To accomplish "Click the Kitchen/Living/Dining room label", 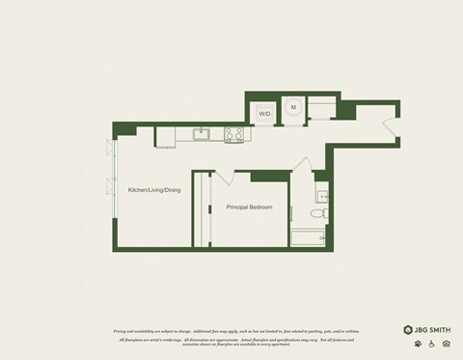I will pos(154,190).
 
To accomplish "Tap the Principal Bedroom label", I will pos(249,208).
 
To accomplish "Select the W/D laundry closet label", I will pos(264,114).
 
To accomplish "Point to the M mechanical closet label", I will pos(293,107).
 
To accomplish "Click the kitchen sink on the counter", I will pos(203,133).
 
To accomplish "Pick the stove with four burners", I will pos(233,133).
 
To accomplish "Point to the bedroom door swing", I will pos(222,178).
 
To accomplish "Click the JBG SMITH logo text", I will pos(434,329).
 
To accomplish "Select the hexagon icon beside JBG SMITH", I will pos(408,329).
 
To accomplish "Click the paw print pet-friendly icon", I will pos(418,344).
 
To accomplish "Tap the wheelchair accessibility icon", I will pos(431,344).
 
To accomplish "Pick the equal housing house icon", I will pos(445,344).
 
